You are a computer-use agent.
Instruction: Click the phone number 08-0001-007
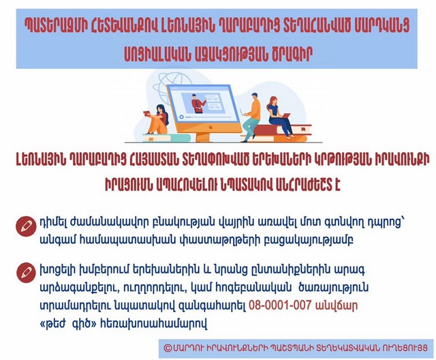tap(279, 305)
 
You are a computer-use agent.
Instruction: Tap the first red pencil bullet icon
tap(26, 226)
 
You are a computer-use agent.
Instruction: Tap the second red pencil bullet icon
tap(26, 273)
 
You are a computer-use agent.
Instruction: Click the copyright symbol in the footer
tap(168, 348)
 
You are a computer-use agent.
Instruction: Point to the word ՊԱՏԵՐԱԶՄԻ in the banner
tap(54, 26)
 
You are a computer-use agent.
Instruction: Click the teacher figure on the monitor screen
tap(198, 103)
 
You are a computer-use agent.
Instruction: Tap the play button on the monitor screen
tap(182, 117)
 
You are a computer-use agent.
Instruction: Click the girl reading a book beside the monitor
tap(157, 119)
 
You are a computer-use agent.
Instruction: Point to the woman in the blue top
tap(279, 117)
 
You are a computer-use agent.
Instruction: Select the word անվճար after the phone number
tap(336, 305)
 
